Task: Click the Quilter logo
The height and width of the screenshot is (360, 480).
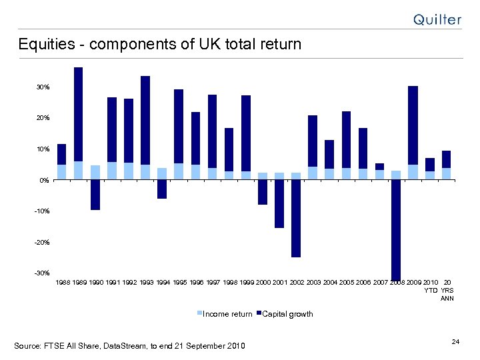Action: (437, 19)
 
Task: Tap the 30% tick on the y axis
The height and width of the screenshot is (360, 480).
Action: (43, 87)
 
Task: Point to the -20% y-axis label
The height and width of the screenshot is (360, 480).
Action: (41, 243)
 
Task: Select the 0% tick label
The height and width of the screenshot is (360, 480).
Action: (44, 180)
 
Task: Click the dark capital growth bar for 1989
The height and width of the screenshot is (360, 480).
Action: (78, 114)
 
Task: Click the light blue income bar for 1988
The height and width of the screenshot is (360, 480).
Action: (61, 172)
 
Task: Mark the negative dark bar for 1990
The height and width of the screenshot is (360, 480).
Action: (95, 195)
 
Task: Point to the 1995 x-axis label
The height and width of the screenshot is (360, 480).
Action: (179, 283)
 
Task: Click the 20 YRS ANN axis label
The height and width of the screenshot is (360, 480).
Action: (447, 291)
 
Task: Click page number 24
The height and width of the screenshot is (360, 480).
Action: (455, 342)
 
